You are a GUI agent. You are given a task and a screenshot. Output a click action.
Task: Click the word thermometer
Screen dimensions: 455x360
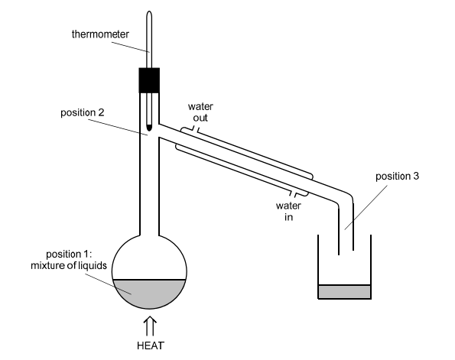tap(100, 34)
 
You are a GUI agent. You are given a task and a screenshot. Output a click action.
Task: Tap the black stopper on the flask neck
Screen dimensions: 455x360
tap(149, 80)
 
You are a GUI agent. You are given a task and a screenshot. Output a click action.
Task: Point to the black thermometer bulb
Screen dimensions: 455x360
tap(149, 128)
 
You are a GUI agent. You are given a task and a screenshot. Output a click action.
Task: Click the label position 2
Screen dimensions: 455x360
tap(82, 112)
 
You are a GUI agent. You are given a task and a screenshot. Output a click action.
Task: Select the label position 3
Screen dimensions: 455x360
tap(397, 176)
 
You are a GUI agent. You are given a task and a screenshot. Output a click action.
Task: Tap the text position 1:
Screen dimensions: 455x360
tap(69, 254)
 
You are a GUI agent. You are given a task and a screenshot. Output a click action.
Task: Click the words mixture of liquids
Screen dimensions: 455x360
tap(69, 265)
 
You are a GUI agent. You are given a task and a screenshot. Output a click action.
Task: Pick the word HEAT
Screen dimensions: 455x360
tap(151, 345)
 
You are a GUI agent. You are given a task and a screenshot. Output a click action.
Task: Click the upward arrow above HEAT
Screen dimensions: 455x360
tap(150, 326)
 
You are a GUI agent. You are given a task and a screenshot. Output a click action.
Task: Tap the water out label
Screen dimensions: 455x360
tap(200, 112)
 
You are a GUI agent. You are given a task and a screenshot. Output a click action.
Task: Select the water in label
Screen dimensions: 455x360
tap(288, 211)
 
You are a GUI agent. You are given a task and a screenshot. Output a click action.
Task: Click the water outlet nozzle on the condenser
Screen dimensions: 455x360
tap(196, 129)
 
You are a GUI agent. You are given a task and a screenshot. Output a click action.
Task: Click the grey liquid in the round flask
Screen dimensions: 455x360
tap(149, 293)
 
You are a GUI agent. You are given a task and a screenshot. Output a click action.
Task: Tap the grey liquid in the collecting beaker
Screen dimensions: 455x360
tap(344, 291)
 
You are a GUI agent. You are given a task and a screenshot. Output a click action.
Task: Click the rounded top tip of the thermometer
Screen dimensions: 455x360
tap(149, 12)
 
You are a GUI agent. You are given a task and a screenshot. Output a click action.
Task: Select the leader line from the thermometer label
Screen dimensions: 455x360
tap(131, 47)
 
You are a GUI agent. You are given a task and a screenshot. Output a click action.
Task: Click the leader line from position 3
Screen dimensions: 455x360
tap(366, 207)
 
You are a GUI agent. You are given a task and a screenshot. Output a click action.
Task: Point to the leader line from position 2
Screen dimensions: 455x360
tap(118, 128)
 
